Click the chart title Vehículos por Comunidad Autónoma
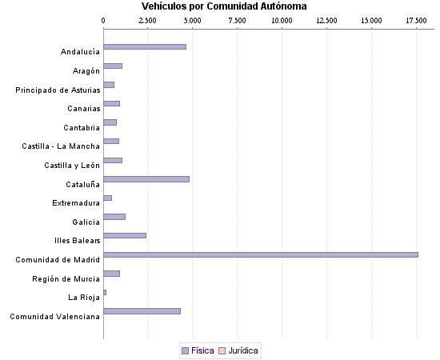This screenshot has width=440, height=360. pos(218,6)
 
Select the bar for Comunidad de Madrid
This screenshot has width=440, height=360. pos(261,254)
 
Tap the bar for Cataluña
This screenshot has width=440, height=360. pos(146,178)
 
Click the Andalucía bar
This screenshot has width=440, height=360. pos(145,46)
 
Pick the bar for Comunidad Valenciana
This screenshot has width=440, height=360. pos(142,310)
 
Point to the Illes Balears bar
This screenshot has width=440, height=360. pos(125,235)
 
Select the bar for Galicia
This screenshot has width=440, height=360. pos(114,216)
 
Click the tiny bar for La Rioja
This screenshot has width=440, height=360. pos(105,292)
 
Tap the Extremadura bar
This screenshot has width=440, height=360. pos(107,198)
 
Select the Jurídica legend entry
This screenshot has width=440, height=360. pos(243,350)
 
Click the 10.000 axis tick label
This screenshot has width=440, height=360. pos(282,19)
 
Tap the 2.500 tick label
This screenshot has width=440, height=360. pos(148,19)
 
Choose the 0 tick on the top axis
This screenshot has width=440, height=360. pos(104,19)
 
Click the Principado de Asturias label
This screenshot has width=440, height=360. pos(58,90)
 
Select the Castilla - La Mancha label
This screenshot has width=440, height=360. pos(61,146)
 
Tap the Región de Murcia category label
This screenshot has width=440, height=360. pos(66,278)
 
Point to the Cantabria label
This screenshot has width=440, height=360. pos(82,127)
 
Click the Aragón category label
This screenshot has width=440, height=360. pos(86,70)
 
